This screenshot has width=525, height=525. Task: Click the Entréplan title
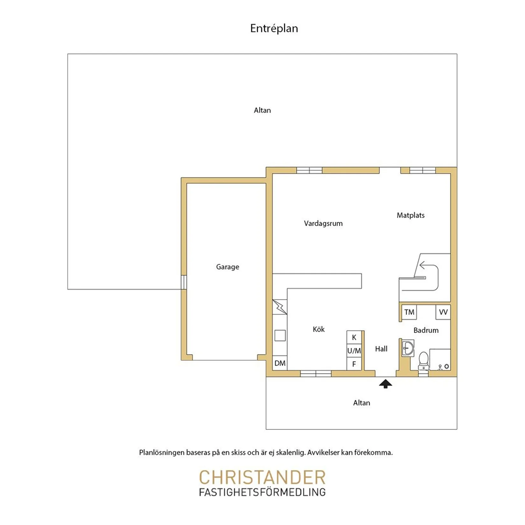pyautogui.click(x=274, y=28)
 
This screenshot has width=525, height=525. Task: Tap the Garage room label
pyautogui.click(x=227, y=267)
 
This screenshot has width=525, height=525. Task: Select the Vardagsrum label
pyautogui.click(x=323, y=223)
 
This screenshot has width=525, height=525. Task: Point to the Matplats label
pyautogui.click(x=410, y=215)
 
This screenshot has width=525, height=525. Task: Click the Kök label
pyautogui.click(x=318, y=329)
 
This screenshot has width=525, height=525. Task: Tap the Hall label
pyautogui.click(x=381, y=349)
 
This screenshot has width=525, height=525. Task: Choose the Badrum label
pyautogui.click(x=426, y=330)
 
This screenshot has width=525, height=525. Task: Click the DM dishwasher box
pyautogui.click(x=280, y=363)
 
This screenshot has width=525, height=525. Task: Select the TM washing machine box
pyautogui.click(x=409, y=312)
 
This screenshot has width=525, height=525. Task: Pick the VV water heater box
pyautogui.click(x=443, y=312)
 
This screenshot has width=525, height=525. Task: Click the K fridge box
pyautogui.click(x=354, y=337)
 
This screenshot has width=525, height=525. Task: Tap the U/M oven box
pyautogui.click(x=354, y=351)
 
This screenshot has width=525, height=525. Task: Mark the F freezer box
pyautogui.click(x=354, y=364)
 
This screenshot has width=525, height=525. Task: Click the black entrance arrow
pyautogui.click(x=386, y=383)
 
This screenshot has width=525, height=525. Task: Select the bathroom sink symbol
pyautogui.click(x=408, y=349)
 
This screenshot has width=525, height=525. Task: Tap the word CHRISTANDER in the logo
pyautogui.click(x=262, y=477)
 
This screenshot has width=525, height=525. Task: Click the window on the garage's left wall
pyautogui.click(x=184, y=282)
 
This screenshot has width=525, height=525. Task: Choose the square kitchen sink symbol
pyautogui.click(x=280, y=335)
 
